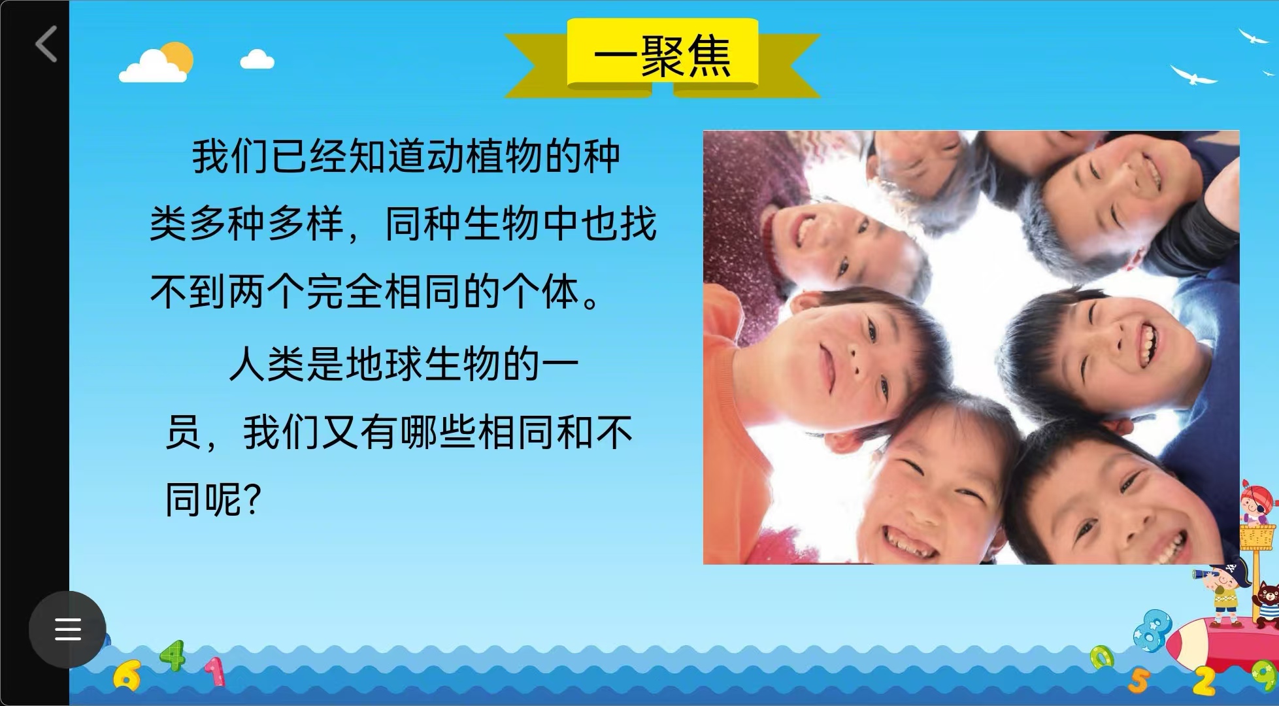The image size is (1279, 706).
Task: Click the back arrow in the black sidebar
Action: (x=46, y=44)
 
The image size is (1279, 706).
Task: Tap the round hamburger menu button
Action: (x=67, y=629)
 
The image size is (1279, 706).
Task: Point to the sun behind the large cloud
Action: (x=176, y=58)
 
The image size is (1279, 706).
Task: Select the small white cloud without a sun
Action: (x=257, y=59)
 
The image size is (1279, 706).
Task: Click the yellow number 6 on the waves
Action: (x=126, y=676)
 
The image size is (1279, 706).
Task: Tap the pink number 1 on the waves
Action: (x=215, y=672)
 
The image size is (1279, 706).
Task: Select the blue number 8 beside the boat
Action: (x=1152, y=629)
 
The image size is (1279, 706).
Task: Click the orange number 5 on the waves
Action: (x=1138, y=681)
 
